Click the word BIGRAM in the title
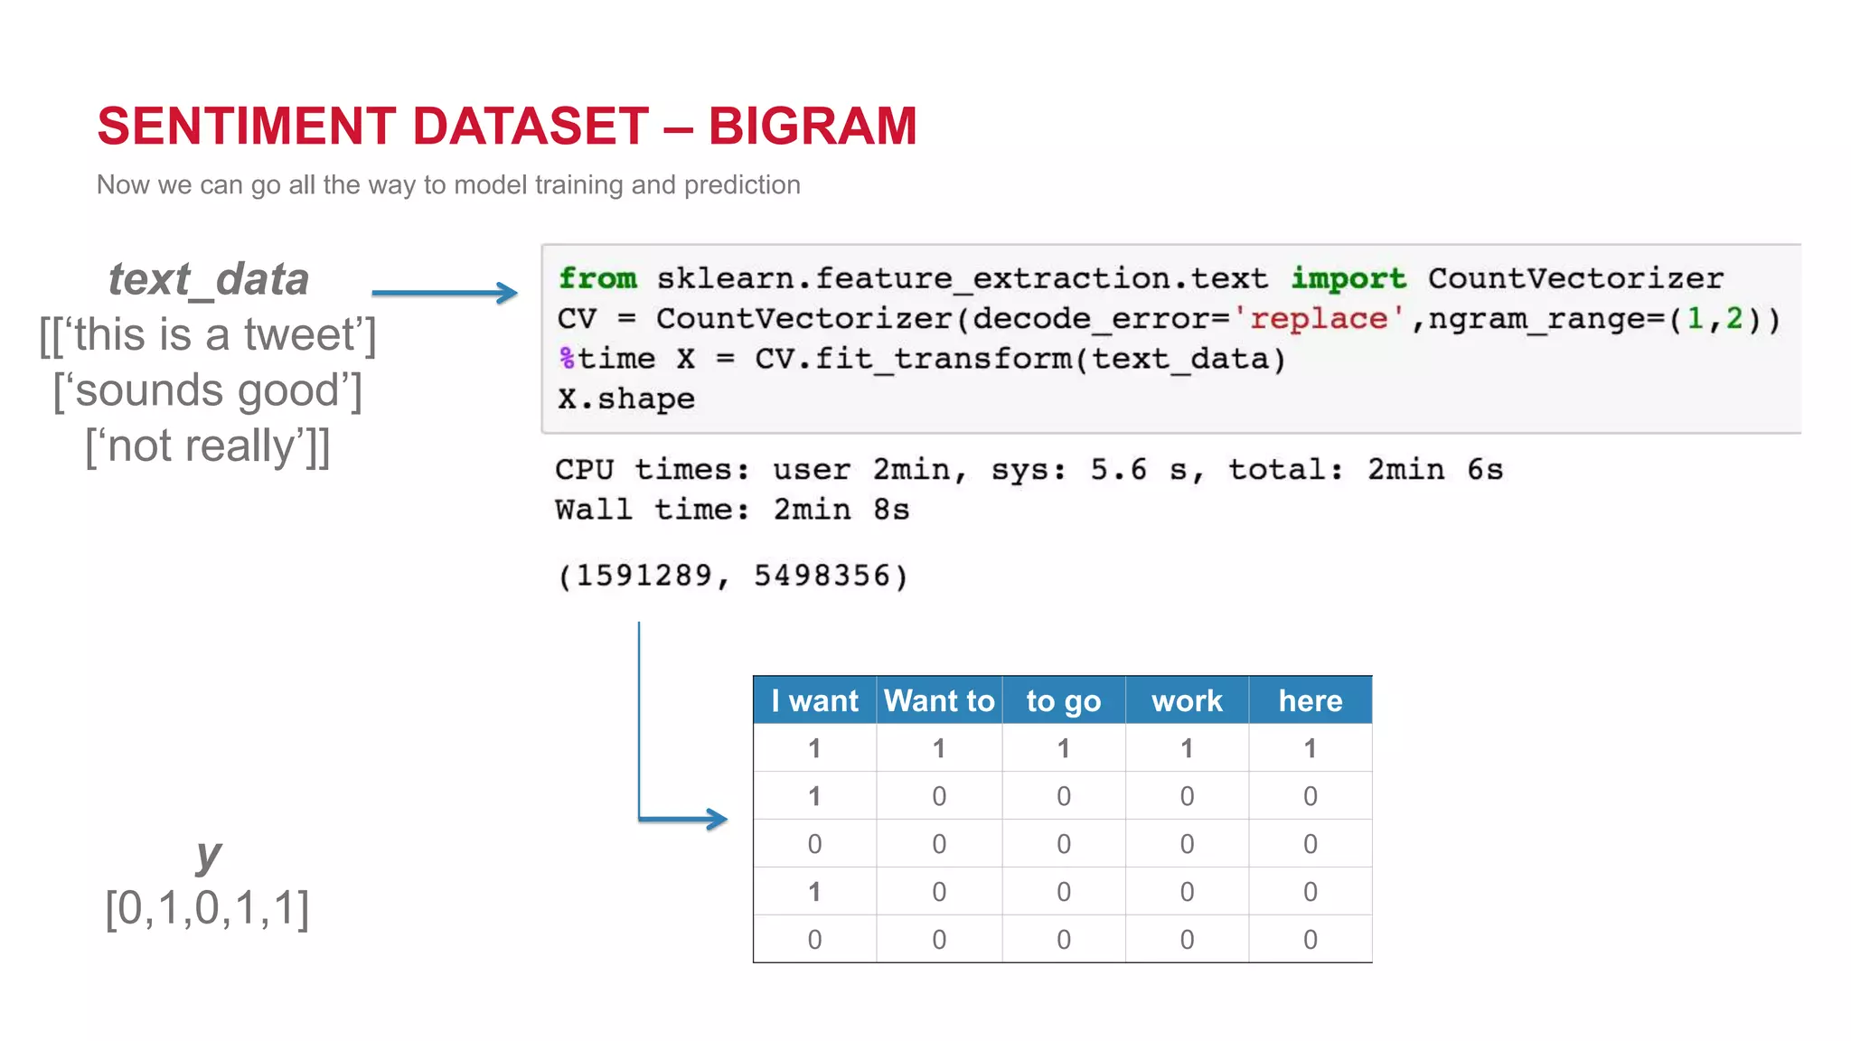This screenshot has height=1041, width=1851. [x=812, y=126]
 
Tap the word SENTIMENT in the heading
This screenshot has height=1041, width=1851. [x=246, y=126]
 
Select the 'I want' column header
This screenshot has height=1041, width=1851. [x=814, y=700]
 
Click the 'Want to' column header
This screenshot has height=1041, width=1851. [x=939, y=700]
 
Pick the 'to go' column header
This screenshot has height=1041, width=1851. [x=1063, y=700]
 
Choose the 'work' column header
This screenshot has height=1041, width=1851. [x=1187, y=700]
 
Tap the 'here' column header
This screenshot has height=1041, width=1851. [x=1310, y=700]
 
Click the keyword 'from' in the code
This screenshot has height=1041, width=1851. [x=597, y=278]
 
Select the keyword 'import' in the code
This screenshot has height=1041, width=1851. [x=1348, y=278]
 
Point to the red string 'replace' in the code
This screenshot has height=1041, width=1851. [x=1319, y=319]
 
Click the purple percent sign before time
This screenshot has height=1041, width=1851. [x=567, y=359]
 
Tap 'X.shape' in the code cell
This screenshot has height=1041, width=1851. [x=626, y=399]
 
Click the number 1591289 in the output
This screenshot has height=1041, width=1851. [x=644, y=576]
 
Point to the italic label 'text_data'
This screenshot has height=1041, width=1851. [x=209, y=278]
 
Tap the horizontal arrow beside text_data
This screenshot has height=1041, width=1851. [x=443, y=292]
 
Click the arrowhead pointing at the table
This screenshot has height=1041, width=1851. [x=716, y=819]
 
